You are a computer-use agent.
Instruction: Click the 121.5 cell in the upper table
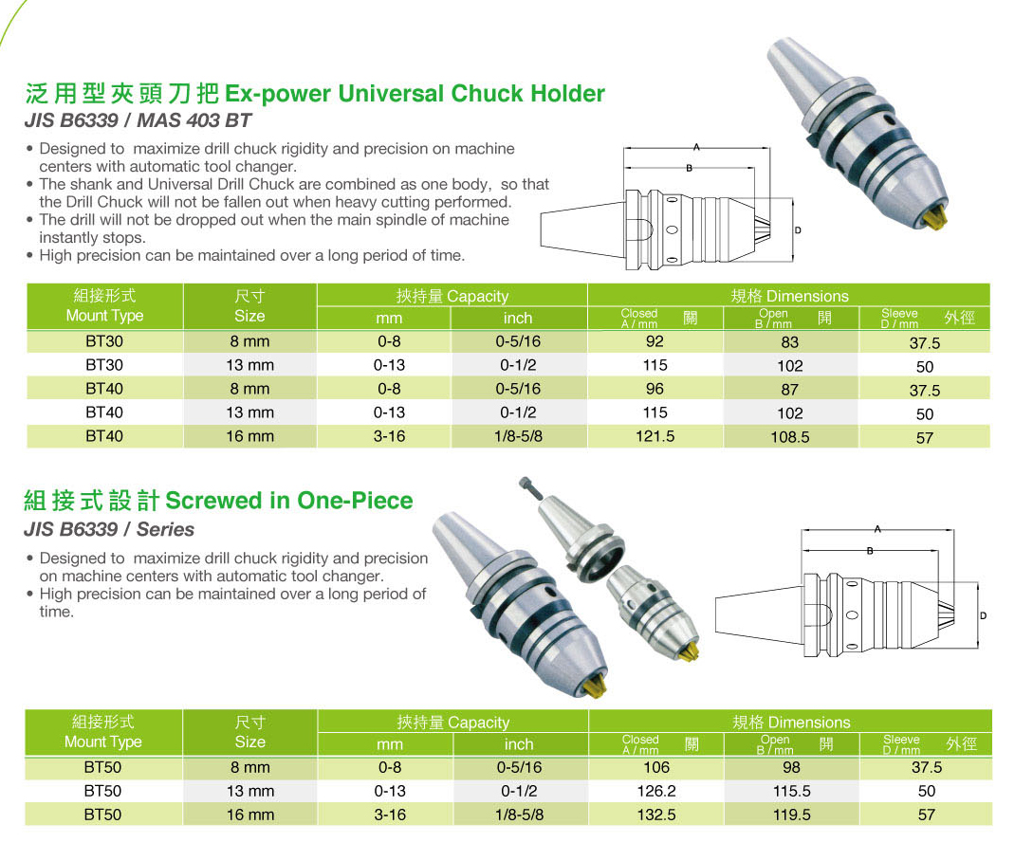click(655, 436)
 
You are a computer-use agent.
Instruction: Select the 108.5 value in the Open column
click(790, 438)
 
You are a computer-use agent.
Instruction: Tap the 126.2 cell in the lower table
click(656, 791)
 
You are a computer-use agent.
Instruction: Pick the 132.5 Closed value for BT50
click(656, 815)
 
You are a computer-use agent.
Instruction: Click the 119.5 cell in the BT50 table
click(792, 815)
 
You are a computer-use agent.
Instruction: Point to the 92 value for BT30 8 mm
click(655, 341)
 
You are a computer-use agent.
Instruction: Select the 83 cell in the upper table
click(790, 342)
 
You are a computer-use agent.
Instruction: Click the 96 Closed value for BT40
click(655, 389)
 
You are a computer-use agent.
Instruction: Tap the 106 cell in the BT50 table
click(656, 767)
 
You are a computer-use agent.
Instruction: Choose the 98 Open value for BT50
click(792, 768)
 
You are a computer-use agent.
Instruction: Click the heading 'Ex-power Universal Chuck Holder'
click(413, 94)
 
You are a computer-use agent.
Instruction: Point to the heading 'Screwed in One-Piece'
click(289, 501)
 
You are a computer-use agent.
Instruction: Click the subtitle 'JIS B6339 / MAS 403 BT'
click(138, 121)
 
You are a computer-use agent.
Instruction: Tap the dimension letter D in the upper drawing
click(798, 230)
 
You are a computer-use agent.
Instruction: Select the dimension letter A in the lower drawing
click(878, 529)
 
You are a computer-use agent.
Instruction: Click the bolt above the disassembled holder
click(528, 490)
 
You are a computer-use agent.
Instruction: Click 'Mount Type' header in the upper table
click(104, 316)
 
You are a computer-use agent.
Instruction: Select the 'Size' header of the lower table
click(249, 742)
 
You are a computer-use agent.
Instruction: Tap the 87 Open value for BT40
click(790, 390)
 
